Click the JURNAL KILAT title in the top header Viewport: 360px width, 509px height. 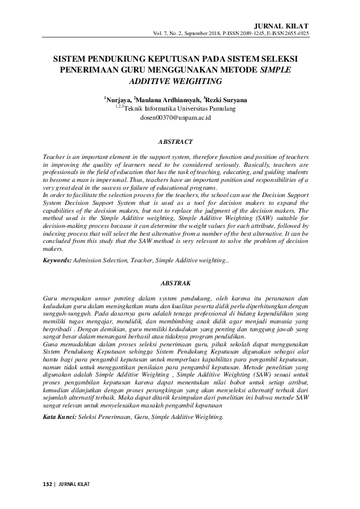(x=287, y=26)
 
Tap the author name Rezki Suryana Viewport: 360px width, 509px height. (x=227, y=99)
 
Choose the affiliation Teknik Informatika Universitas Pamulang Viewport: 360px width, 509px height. (x=180, y=109)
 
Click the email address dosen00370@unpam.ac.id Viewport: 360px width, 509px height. (x=175, y=118)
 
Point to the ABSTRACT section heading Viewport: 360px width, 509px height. (x=175, y=142)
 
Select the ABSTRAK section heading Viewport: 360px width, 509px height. (x=175, y=283)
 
